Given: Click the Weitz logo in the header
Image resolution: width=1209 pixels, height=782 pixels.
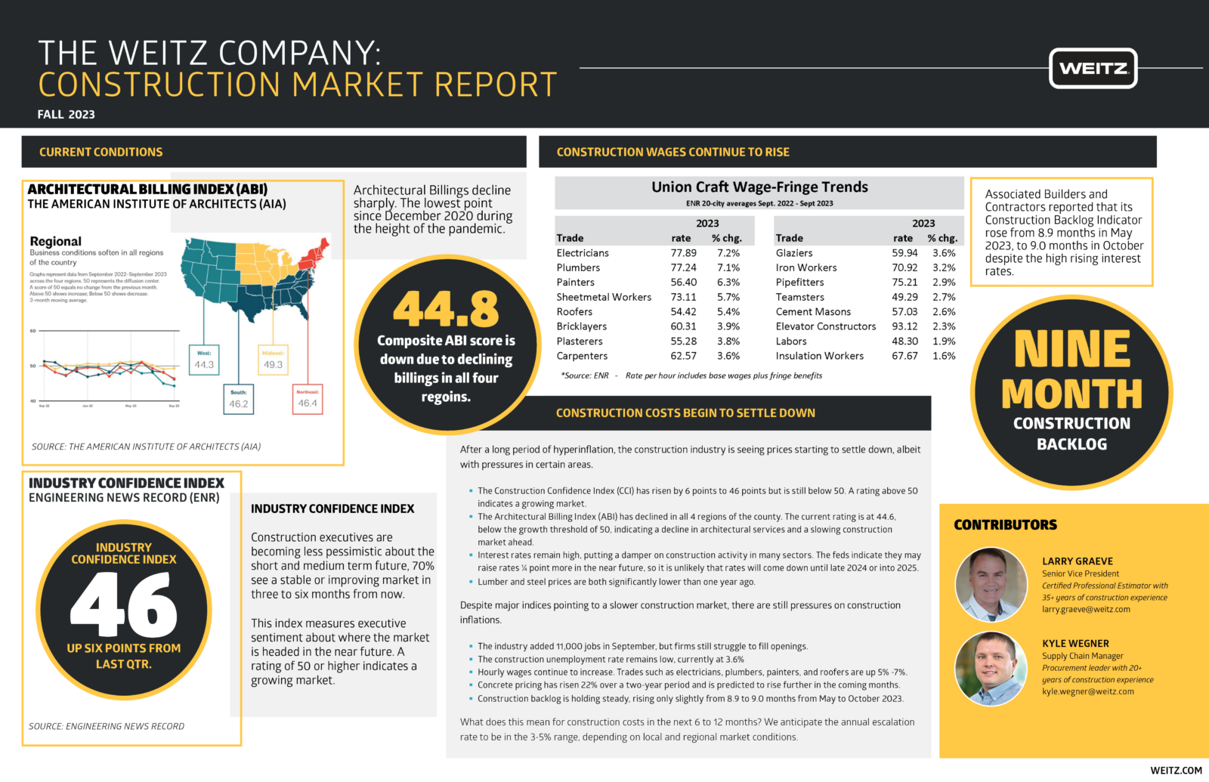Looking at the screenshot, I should [x=1093, y=69].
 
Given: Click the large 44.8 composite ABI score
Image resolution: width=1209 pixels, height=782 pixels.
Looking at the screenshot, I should [x=446, y=309].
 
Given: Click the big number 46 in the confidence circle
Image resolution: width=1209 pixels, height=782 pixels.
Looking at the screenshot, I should [x=124, y=604].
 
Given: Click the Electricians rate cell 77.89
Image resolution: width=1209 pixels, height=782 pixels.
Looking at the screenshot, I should [x=683, y=253].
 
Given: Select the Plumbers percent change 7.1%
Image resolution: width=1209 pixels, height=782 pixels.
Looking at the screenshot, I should [x=728, y=267].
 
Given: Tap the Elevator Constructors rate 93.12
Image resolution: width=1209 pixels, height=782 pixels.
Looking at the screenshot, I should [x=904, y=326].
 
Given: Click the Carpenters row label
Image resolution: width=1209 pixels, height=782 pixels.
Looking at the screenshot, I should [x=582, y=356].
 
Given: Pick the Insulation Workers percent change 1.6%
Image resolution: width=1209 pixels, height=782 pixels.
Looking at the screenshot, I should [x=944, y=356].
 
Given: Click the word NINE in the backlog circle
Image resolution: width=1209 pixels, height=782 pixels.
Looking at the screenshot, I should [x=1071, y=349].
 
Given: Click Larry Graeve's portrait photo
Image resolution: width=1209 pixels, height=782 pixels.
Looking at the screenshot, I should [x=991, y=585].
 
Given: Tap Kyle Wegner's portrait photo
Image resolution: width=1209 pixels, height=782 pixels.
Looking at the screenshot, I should [x=991, y=668].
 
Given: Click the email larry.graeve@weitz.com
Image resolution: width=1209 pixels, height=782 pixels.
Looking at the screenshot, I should [x=1086, y=609].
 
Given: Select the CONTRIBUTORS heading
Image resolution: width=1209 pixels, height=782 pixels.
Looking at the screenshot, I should [x=1005, y=525].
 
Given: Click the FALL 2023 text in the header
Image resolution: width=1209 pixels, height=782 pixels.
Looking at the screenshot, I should [x=66, y=115].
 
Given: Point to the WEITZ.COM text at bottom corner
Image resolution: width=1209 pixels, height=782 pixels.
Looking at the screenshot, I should [x=1176, y=770].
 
